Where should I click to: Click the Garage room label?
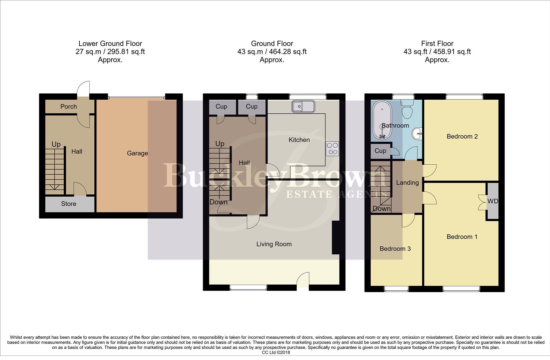point(137,153)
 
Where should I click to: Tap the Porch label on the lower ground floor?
point(68,107)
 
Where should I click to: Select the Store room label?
point(68,204)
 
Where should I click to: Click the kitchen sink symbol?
point(303,106)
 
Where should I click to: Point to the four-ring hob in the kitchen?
point(332,149)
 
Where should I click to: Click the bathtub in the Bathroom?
point(381,121)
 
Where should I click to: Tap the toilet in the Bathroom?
point(407,108)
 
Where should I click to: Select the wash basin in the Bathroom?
point(417,134)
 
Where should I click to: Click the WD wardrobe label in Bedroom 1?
point(493,201)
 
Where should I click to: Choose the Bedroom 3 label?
point(395,249)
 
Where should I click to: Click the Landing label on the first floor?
point(407,183)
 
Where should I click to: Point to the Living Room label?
point(274,244)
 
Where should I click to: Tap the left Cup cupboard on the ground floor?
point(221,106)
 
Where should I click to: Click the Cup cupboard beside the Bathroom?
point(380,151)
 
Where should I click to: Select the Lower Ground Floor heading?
point(110,43)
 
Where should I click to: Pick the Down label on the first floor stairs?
point(381,209)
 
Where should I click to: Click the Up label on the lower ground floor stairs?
point(56,144)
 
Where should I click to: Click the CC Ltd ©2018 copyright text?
point(276,352)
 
